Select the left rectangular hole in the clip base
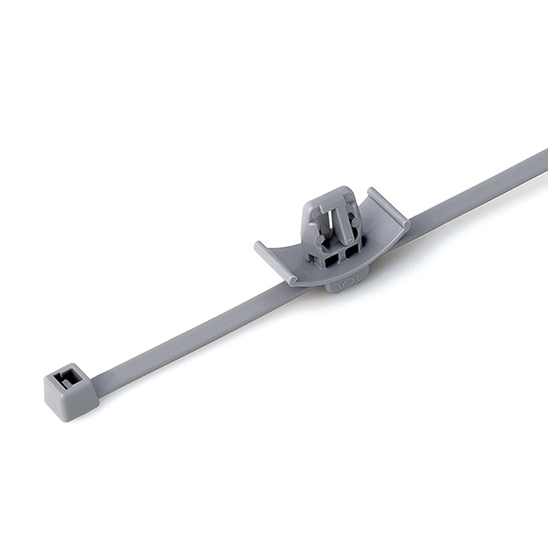[x=331, y=260]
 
